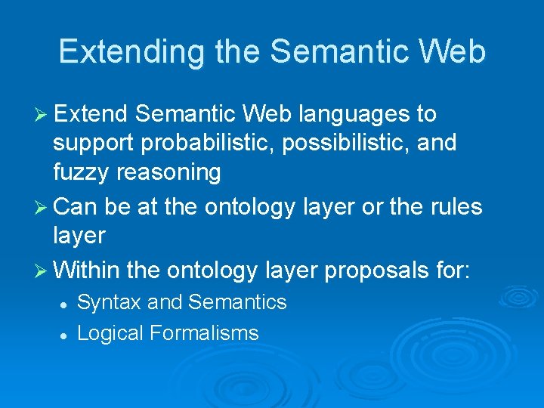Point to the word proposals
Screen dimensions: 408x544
click(349, 269)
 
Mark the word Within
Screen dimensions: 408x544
click(88, 268)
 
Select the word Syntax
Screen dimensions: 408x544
click(109, 303)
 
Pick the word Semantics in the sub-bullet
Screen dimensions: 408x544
click(237, 302)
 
